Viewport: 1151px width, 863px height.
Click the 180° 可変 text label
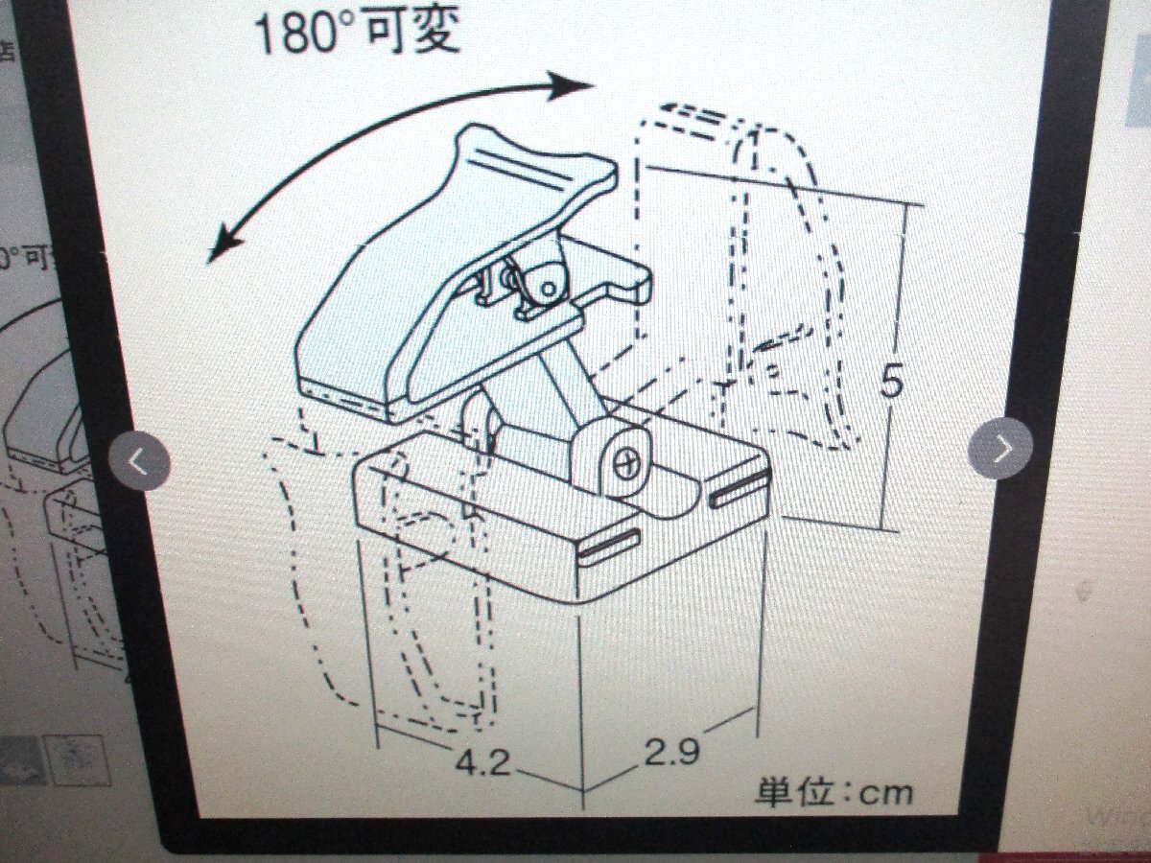pyautogui.click(x=356, y=32)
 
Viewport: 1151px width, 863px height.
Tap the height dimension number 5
pyautogui.click(x=891, y=383)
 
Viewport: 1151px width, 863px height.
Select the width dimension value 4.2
pyautogui.click(x=482, y=763)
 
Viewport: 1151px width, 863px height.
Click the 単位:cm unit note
pyautogui.click(x=834, y=792)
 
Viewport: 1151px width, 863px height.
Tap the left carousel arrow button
pyautogui.click(x=140, y=461)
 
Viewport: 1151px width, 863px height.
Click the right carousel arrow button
pyautogui.click(x=1000, y=448)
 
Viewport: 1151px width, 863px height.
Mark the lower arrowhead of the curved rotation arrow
pyautogui.click(x=223, y=246)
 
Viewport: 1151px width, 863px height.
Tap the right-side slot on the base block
pyautogui.click(x=740, y=488)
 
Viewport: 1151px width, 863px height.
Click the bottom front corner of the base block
pyautogui.click(x=583, y=791)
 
